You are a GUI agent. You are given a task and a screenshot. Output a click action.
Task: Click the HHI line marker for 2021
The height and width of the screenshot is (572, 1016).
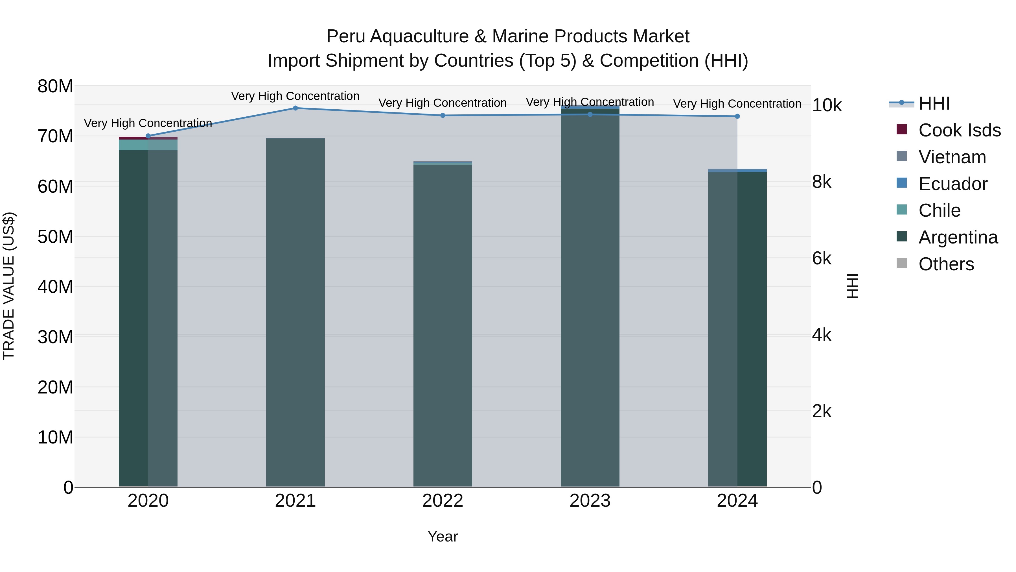(x=295, y=108)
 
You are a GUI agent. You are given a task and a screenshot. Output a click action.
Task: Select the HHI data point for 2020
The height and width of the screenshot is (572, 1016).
(x=148, y=136)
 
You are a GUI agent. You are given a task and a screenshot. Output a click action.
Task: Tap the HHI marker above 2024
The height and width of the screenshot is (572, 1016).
(x=737, y=116)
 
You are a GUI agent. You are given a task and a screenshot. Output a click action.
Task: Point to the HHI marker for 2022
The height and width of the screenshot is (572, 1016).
(x=443, y=116)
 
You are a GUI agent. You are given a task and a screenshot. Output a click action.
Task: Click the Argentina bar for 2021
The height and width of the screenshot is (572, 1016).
(x=295, y=312)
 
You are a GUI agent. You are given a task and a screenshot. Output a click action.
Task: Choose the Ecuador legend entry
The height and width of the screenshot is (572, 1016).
(x=952, y=184)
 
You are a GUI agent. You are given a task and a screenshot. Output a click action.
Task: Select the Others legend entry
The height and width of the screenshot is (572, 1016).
(x=946, y=264)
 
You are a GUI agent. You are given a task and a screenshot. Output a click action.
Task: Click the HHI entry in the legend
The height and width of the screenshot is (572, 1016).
(x=934, y=103)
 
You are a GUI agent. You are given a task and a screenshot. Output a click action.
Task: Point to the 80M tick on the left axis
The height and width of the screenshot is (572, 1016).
(x=55, y=86)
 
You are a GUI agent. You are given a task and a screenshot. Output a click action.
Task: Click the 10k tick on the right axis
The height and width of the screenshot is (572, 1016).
(x=827, y=105)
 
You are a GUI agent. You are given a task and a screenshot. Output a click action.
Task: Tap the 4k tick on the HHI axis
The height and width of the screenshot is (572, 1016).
(x=822, y=335)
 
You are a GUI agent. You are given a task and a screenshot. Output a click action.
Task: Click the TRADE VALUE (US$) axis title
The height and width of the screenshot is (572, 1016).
(x=9, y=286)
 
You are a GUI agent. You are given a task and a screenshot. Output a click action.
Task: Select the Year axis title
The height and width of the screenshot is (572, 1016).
(x=443, y=536)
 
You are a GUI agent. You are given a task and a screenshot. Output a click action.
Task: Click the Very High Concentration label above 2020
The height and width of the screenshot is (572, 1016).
(x=148, y=123)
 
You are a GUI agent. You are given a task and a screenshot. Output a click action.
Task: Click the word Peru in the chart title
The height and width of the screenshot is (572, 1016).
(x=346, y=36)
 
